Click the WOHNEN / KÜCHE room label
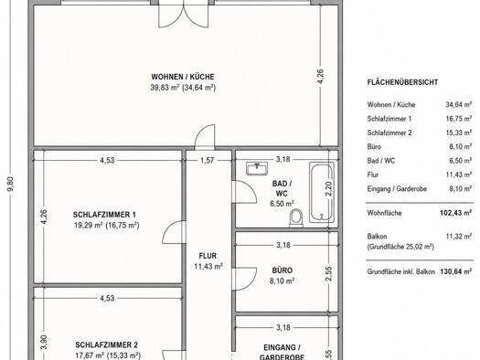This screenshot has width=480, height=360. [183, 77]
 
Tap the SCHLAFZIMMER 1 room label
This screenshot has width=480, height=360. [104, 215]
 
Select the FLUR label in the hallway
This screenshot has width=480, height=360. [208, 256]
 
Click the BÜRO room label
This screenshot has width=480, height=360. [282, 270]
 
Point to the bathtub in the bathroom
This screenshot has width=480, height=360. [321, 192]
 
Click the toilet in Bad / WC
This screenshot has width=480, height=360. [296, 217]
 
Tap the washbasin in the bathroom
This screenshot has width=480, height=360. [257, 168]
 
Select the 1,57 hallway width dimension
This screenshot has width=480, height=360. [208, 160]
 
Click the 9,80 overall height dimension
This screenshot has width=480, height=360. [11, 184]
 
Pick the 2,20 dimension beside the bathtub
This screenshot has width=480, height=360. [328, 189]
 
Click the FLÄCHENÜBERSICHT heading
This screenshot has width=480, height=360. [402, 82]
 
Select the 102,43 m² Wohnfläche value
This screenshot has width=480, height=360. [455, 213]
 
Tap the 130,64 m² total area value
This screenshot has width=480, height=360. [455, 271]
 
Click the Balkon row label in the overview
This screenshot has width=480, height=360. [377, 236]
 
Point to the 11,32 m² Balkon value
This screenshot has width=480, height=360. [459, 236]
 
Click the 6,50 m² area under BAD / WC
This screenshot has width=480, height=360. [282, 204]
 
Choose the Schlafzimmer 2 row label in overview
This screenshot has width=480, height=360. [389, 132]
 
